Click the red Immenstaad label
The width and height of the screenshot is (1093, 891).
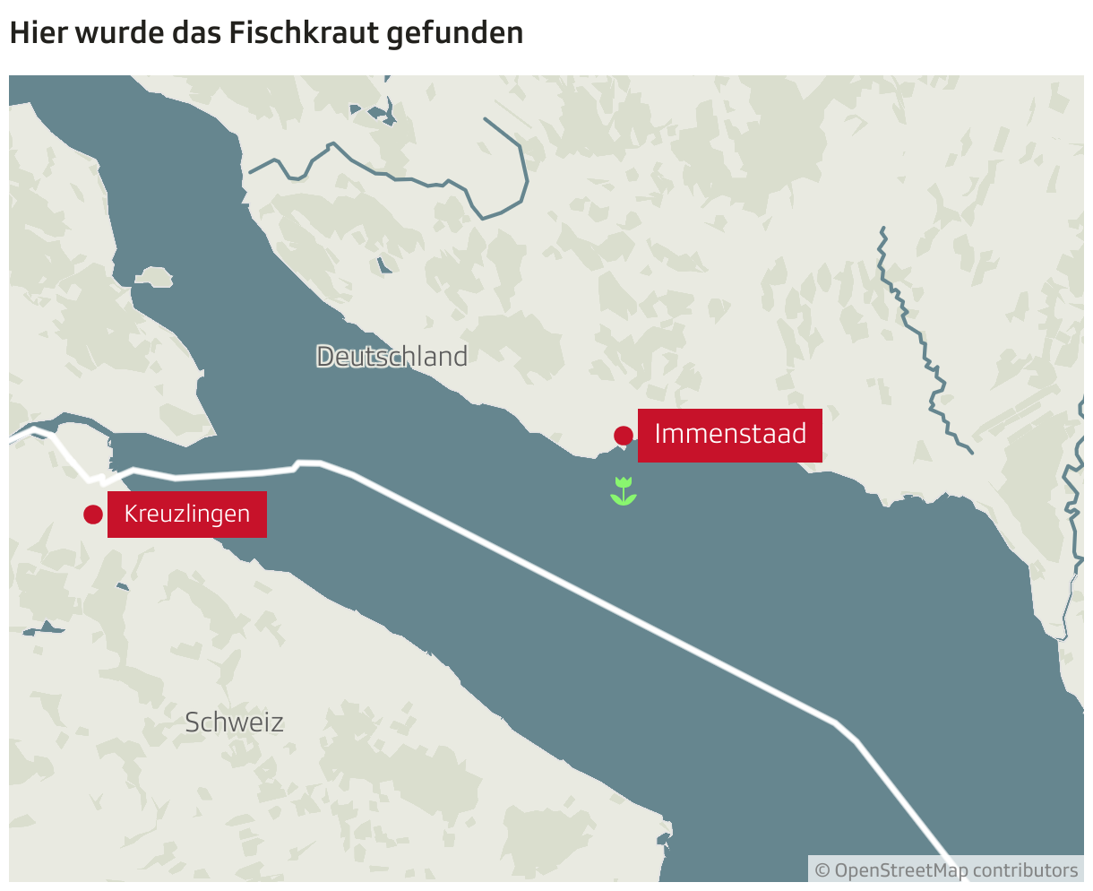tap(729, 435)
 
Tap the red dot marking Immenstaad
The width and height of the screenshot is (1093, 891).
tap(624, 436)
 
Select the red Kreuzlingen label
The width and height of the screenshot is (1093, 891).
tap(186, 515)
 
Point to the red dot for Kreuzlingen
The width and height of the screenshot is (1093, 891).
tap(93, 515)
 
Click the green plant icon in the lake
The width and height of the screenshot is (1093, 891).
tap(624, 491)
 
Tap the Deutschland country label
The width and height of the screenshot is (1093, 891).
tap(392, 357)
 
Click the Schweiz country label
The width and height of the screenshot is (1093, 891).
tap(234, 722)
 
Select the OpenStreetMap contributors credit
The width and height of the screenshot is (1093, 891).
tap(946, 870)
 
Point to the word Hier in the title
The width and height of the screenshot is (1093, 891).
tap(33, 33)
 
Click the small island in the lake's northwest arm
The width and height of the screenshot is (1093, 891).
tap(154, 277)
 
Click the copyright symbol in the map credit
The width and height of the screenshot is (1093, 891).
tap(822, 870)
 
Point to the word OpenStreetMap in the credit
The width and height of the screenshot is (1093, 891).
tap(900, 870)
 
